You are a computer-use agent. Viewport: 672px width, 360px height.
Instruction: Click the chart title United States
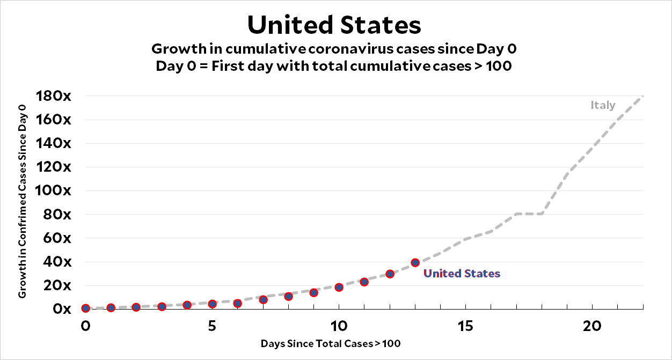334,25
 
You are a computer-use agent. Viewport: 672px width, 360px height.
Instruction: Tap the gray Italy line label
603,105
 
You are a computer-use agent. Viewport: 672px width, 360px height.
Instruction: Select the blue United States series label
462,274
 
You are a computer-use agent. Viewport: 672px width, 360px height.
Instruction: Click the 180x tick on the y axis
54,97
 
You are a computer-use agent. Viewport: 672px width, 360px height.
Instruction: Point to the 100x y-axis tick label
54,190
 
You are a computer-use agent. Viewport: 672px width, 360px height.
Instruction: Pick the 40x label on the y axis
57,262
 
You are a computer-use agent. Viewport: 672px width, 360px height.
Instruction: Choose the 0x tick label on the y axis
62,309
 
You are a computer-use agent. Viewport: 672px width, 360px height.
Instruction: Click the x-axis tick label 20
592,326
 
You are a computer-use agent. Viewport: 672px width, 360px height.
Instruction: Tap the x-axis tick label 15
465,326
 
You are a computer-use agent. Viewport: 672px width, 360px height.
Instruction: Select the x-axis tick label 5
212,326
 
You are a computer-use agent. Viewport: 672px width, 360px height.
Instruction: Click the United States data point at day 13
415,263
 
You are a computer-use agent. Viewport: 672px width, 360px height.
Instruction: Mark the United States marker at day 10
339,287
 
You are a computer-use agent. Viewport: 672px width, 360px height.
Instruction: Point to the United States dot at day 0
85,308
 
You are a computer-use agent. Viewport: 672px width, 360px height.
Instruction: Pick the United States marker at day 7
263,299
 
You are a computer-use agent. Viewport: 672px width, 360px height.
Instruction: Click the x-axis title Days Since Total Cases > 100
331,343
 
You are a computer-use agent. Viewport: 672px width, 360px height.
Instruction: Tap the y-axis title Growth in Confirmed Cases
23,202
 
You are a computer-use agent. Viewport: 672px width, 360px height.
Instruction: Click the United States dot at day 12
390,274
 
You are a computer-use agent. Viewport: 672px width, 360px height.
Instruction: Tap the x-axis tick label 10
339,326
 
